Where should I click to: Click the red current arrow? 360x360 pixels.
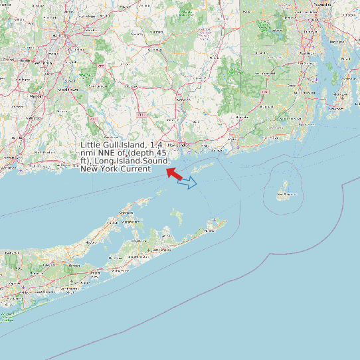[x=173, y=173]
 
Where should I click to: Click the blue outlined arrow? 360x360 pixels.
[x=187, y=183]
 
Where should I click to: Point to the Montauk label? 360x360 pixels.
[x=211, y=230]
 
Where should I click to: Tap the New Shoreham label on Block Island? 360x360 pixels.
[x=286, y=194]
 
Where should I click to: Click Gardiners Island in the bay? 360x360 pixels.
[x=177, y=216]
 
